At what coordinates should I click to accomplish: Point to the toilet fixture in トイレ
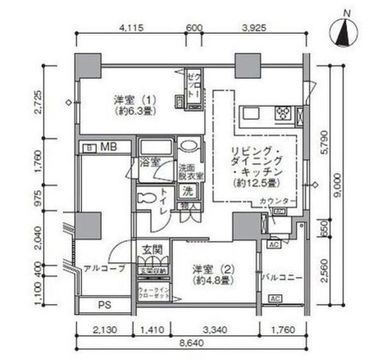145,199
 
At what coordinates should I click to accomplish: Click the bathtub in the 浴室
156,149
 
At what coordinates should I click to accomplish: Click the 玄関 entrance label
151,250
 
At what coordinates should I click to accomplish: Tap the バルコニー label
282,276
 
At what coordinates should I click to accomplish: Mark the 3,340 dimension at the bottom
214,331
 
